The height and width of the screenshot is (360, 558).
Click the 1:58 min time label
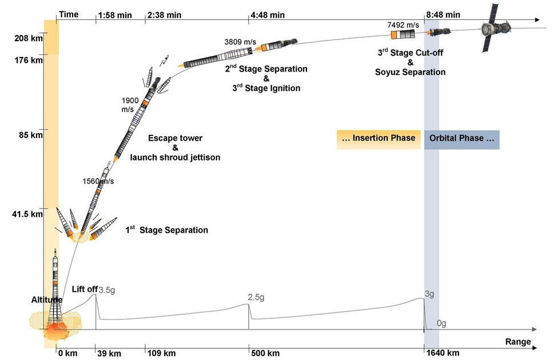tap(115, 15)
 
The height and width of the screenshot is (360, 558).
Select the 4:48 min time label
tap(268, 15)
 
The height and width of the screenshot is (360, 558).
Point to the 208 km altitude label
tap(29, 39)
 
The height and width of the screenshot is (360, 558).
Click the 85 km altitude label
tap(29, 136)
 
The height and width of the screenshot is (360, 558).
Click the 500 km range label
tap(265, 353)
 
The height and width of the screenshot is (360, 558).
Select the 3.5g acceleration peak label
tap(106, 290)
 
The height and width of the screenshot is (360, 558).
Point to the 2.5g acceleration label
tap(256, 298)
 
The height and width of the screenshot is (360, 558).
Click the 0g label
tap(441, 323)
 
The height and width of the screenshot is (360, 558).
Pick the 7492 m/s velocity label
tap(403, 25)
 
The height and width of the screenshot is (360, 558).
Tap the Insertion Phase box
tap(378, 139)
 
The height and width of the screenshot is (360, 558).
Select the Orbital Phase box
tap(462, 139)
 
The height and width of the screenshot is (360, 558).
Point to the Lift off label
tap(85, 289)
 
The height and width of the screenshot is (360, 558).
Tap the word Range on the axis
tap(518, 342)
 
